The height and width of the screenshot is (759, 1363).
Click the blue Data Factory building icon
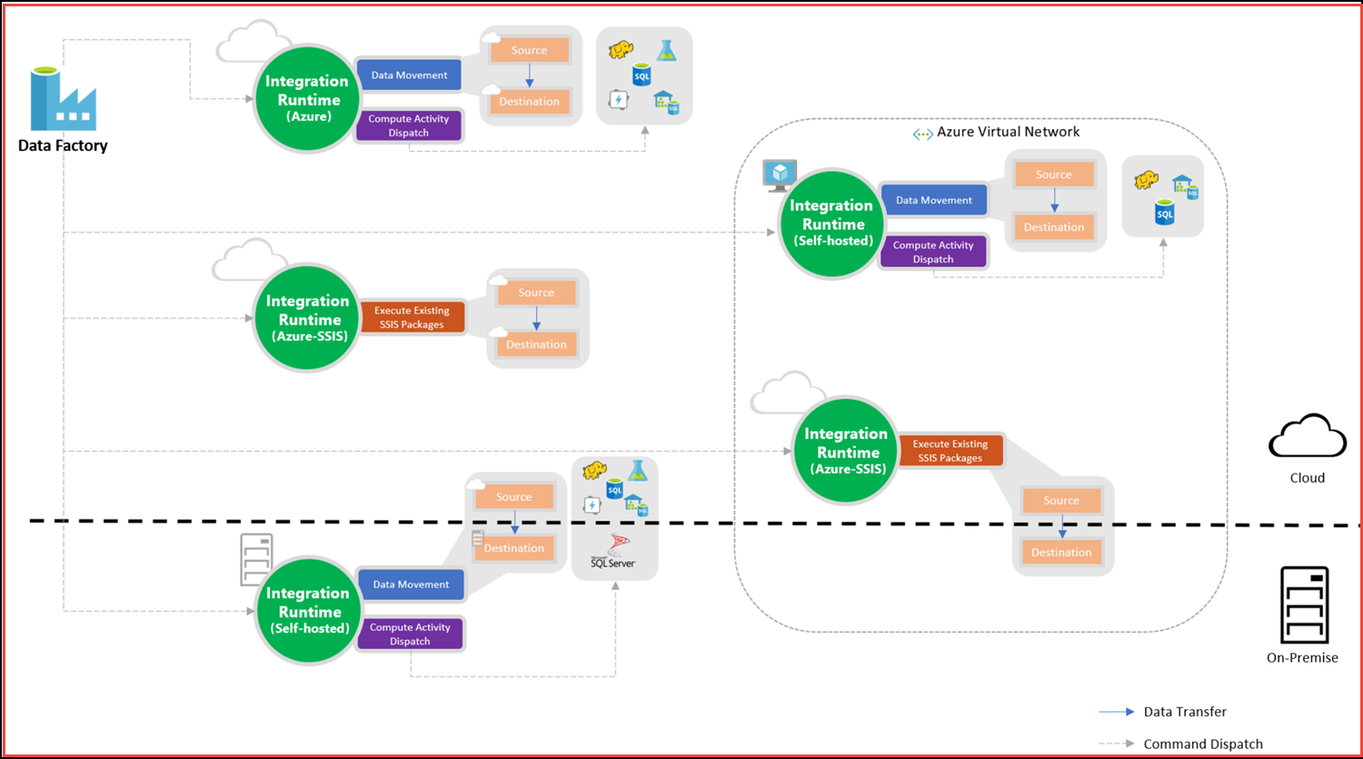coord(63,99)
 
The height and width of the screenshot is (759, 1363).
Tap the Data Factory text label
coord(63,145)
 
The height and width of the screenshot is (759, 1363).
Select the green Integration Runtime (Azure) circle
coord(307,98)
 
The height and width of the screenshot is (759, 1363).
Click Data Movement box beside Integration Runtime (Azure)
coord(409,75)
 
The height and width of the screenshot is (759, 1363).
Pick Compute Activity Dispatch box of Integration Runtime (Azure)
coord(409,125)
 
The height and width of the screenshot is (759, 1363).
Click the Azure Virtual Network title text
coord(1008,132)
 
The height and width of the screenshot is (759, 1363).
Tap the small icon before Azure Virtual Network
coord(922,134)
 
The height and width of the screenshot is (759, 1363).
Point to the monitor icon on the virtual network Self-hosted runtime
coord(780,175)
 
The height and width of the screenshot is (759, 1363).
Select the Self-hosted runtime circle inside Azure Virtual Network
coord(832,224)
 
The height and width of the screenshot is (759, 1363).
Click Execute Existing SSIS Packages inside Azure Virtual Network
coord(950,451)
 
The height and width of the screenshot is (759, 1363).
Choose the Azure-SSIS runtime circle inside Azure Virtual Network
coord(846,451)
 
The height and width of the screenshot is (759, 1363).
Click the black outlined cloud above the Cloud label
coord(1308,437)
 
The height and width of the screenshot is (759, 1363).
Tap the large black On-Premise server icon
coord(1304,604)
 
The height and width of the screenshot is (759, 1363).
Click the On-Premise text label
coord(1302,657)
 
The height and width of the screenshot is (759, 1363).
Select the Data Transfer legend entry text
coord(1185,712)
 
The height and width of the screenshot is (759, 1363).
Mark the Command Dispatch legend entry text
coord(1203,744)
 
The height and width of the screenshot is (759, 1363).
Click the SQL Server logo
coord(613,551)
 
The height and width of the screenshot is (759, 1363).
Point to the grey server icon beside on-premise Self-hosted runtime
coord(256,559)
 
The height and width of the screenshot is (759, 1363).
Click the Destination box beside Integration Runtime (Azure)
coord(529,102)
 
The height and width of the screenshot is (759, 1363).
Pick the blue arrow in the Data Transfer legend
coord(1117,712)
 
